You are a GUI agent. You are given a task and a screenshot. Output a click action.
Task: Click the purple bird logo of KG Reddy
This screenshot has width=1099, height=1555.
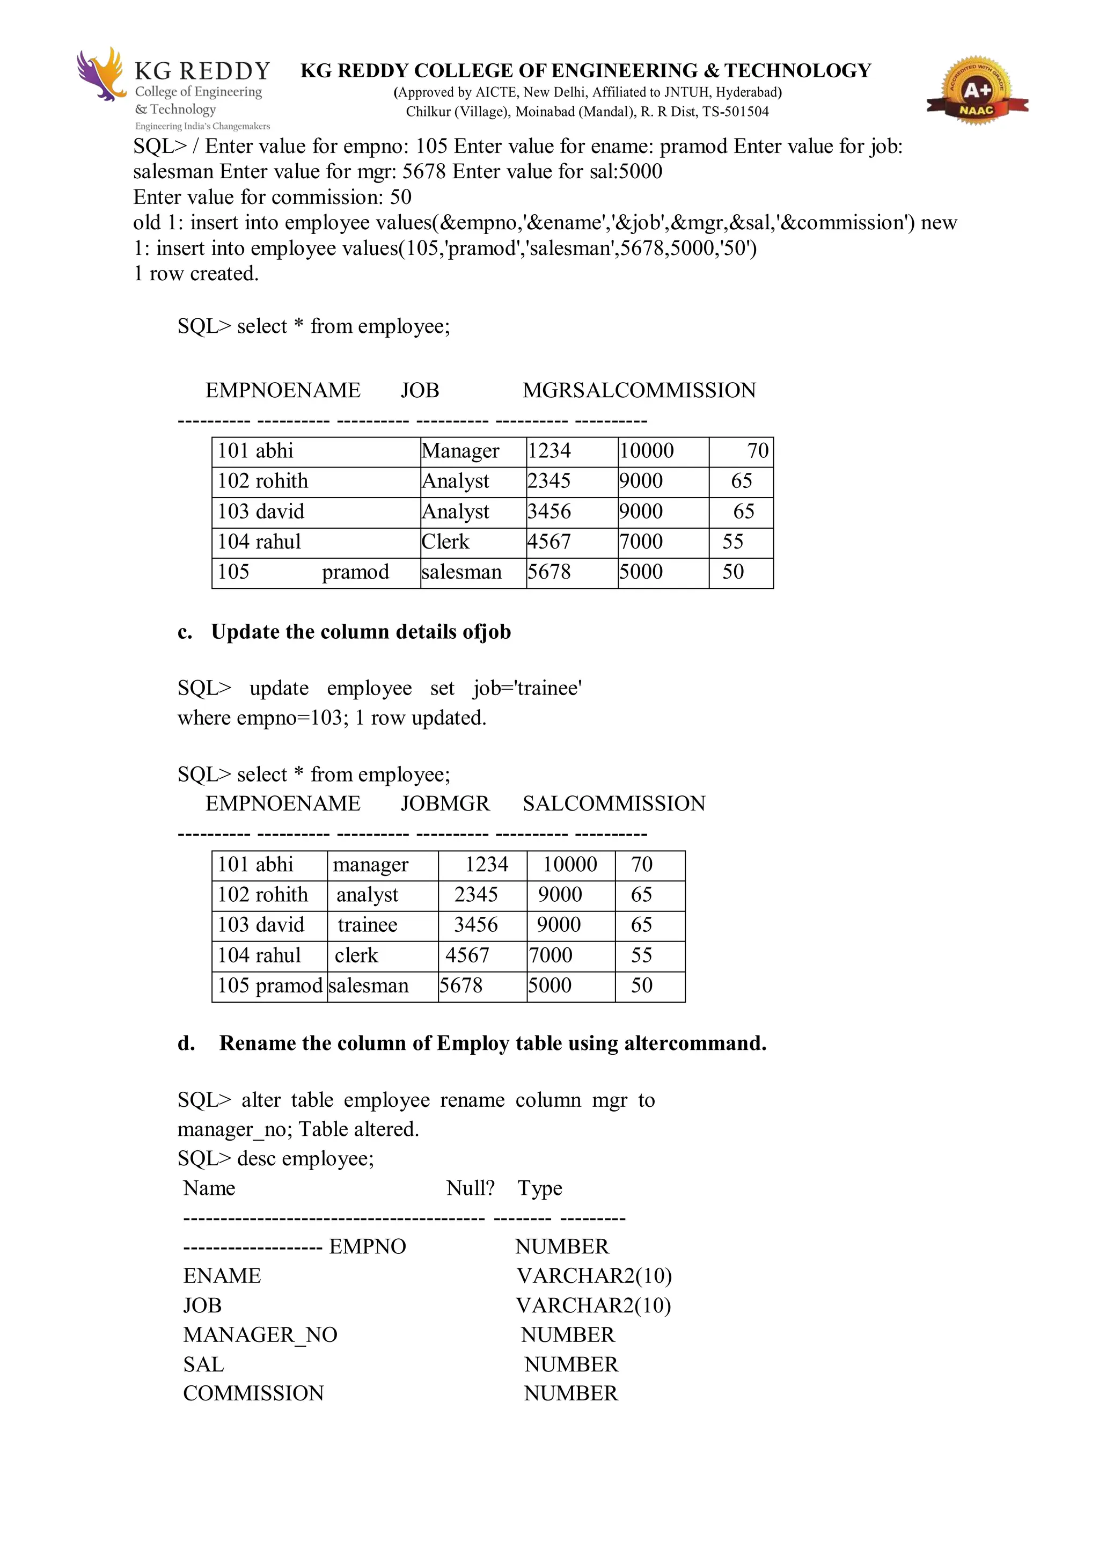(x=101, y=74)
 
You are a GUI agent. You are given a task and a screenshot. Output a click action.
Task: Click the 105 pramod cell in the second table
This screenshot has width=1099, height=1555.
(x=269, y=985)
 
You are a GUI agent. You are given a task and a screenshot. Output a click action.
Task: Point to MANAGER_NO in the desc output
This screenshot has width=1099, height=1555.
(x=260, y=1335)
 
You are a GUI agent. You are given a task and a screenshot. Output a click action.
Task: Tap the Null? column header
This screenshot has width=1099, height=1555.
(x=470, y=1188)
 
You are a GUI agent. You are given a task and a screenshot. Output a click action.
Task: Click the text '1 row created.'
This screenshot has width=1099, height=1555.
(x=196, y=274)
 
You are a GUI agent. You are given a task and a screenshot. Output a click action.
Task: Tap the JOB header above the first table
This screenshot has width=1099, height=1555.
(x=420, y=391)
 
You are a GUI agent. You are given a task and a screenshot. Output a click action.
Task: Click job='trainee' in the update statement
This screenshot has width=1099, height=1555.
(x=527, y=688)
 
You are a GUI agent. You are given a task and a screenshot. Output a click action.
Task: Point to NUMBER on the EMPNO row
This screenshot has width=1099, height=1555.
(x=562, y=1247)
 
